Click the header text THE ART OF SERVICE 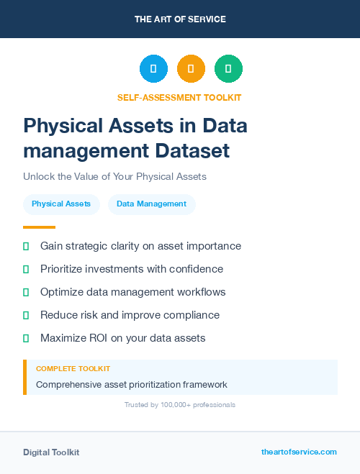coord(180,19)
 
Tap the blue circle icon coord(153,68)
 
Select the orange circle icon coord(191,68)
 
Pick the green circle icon coord(228,68)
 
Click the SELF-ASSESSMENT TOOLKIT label coord(179,97)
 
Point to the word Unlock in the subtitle coord(37,176)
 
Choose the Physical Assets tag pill coord(61,204)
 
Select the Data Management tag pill coord(151,204)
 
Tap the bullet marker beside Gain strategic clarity coord(26,246)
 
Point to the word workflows coord(200,292)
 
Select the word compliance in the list coord(192,315)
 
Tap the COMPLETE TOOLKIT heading coord(73,368)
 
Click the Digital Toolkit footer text coord(51,452)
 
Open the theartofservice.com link coord(299,452)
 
